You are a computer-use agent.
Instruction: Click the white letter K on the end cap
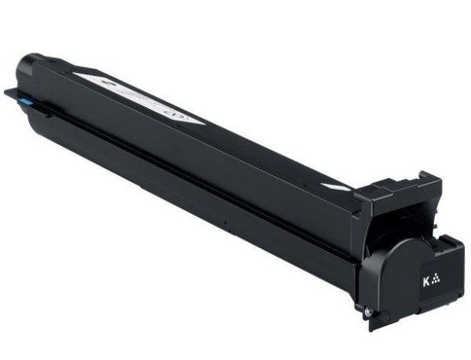pyautogui.click(x=425, y=279)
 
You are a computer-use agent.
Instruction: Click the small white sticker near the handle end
pyautogui.click(x=335, y=185)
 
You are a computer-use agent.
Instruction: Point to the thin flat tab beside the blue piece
pyautogui.click(x=11, y=93)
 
